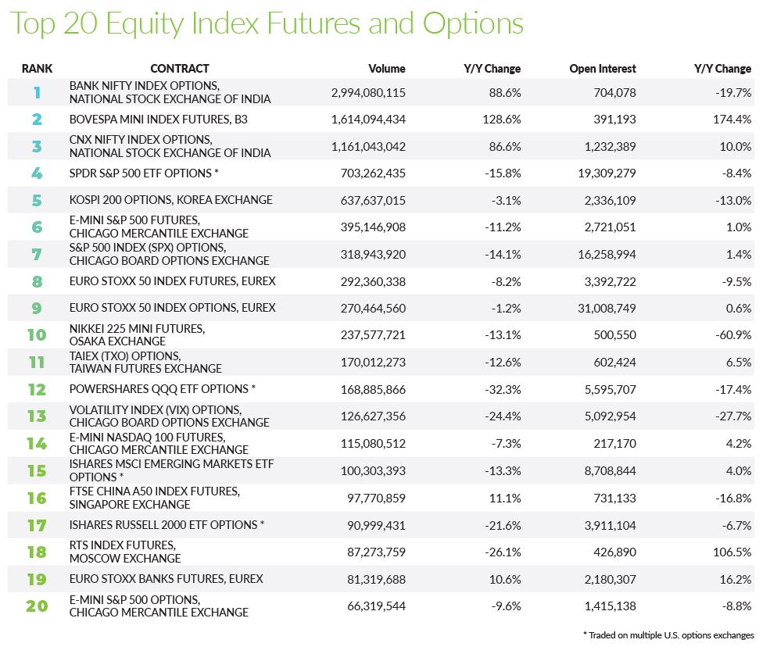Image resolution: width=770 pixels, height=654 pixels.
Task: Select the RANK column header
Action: pyautogui.click(x=37, y=69)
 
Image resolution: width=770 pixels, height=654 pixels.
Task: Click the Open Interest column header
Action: pyautogui.click(x=603, y=69)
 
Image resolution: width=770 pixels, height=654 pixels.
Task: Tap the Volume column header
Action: pyautogui.click(x=387, y=69)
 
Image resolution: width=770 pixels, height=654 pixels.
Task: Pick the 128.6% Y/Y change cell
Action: pyautogui.click(x=503, y=120)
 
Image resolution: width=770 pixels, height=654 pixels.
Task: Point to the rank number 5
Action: pyautogui.click(x=37, y=200)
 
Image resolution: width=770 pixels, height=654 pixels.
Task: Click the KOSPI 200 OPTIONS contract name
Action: pyautogui.click(x=171, y=200)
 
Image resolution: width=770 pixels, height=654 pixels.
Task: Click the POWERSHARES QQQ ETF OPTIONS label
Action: pyautogui.click(x=163, y=389)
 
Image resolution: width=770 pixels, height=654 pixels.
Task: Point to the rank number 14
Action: pyautogui.click(x=37, y=443)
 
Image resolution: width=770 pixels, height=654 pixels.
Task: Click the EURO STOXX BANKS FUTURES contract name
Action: pyautogui.click(x=167, y=579)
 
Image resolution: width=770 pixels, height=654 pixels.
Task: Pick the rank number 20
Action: pyautogui.click(x=37, y=606)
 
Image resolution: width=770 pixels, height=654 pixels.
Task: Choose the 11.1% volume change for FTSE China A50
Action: pyautogui.click(x=506, y=497)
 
